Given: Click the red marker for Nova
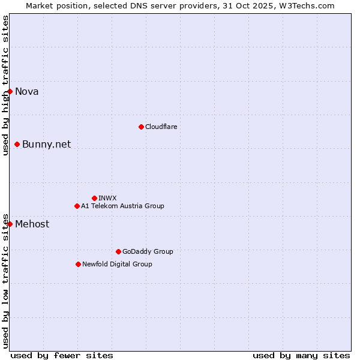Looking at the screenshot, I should point(10,91).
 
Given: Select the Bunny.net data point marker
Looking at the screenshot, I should point(17,144).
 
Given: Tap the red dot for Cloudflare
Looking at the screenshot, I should point(141,127).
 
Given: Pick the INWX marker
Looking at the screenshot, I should point(94,198).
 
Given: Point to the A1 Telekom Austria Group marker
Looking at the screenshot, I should point(77,206).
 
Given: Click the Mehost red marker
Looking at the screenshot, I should point(10,224).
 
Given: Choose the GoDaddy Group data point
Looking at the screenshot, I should point(118,251).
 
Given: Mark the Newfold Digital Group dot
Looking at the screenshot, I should point(78,264).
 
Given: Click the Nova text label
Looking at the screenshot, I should point(27,91).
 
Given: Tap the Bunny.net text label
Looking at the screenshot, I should point(47,144).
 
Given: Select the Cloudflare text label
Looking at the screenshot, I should point(161,127).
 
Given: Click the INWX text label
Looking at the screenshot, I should point(107,198).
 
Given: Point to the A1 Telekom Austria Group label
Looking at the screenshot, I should point(122,206).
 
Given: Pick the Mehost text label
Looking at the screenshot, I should point(32,224).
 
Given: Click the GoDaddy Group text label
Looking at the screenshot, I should point(148,251).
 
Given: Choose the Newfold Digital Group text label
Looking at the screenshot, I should point(117,264).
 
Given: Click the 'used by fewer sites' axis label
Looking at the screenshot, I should point(62,355).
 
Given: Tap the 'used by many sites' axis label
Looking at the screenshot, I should point(301,355).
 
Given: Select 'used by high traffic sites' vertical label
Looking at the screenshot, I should point(5,85).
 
